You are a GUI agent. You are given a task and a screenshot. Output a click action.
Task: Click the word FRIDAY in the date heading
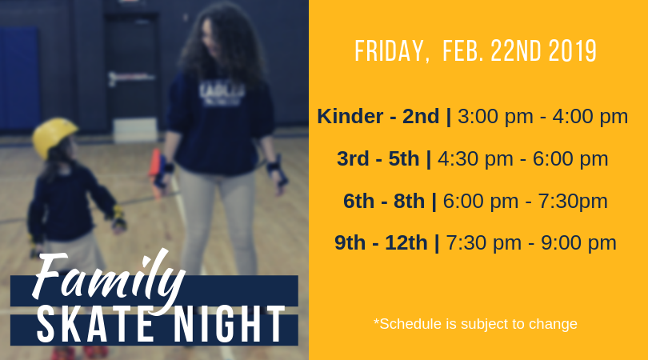coord(389,51)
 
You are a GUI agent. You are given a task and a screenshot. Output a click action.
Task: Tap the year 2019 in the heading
coord(572,51)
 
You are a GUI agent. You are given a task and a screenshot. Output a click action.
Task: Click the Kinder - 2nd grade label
coord(378,116)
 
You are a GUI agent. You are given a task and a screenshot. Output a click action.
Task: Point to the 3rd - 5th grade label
coord(378,158)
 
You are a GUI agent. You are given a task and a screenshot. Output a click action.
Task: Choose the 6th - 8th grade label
coord(383,202)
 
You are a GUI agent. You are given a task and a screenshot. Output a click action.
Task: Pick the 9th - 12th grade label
coord(381,242)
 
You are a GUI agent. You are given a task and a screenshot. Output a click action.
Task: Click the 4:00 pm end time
coord(590,117)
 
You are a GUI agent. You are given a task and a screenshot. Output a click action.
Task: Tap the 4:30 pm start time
coord(475,159)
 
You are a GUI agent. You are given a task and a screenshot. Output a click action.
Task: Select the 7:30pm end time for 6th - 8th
coord(573,202)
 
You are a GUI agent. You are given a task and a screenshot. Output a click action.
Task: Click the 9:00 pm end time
coord(578,243)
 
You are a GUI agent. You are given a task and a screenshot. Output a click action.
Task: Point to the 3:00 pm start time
coord(495,117)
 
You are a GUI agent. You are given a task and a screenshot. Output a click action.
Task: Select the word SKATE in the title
coord(95,325)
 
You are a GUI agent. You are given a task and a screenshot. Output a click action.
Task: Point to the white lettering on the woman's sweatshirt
coord(222,93)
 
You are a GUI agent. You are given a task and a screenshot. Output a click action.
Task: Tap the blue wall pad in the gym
coord(19,78)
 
